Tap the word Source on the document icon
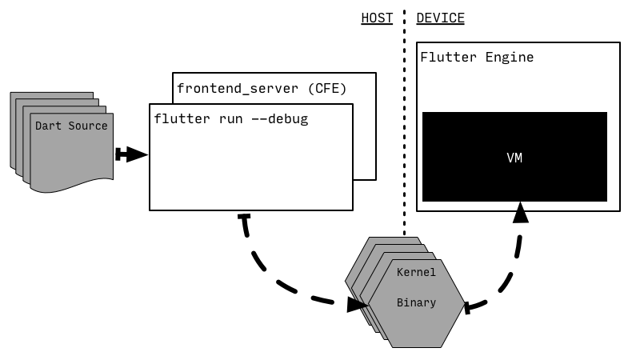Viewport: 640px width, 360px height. point(88,126)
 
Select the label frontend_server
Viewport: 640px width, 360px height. point(238,88)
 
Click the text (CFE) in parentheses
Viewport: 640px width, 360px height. point(328,88)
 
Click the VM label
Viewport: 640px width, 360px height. point(514,158)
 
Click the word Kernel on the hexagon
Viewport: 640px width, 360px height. point(416,273)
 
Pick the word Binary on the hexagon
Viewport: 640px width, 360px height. point(416,303)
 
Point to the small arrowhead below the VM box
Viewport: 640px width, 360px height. point(521,206)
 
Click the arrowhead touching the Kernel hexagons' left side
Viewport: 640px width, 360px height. point(365,304)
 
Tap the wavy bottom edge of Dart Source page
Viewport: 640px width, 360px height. point(72,186)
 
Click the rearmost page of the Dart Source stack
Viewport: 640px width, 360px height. point(14,128)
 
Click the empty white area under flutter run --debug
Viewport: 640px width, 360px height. point(251,172)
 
